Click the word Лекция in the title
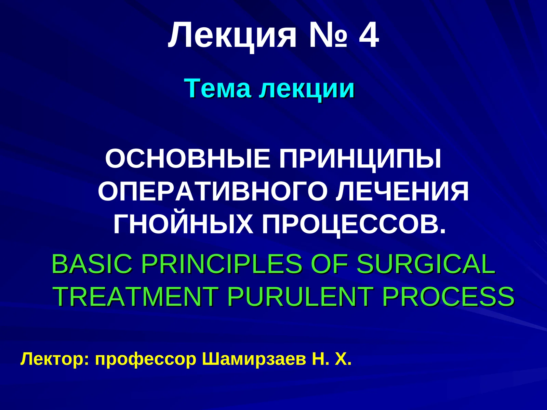click(x=232, y=36)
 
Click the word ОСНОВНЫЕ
click(x=188, y=159)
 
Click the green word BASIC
click(x=92, y=264)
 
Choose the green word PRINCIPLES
click(x=222, y=264)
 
